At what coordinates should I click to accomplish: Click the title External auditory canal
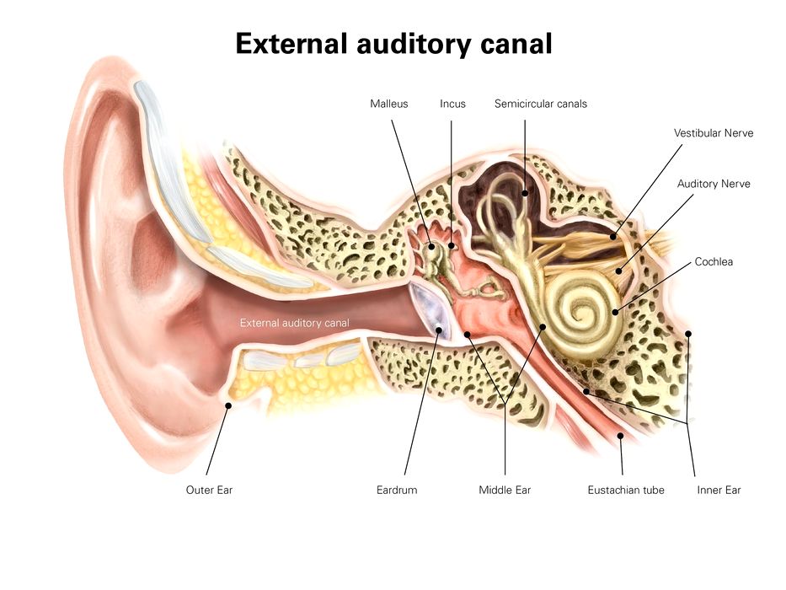pyautogui.click(x=393, y=44)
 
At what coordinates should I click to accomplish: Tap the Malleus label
pyautogui.click(x=389, y=104)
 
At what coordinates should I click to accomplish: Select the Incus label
pyautogui.click(x=452, y=104)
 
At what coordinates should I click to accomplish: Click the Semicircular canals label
pyautogui.click(x=541, y=104)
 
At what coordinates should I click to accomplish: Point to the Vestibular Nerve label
pyautogui.click(x=714, y=133)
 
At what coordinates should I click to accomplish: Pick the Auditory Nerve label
pyautogui.click(x=714, y=184)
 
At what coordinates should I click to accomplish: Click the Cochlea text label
pyautogui.click(x=714, y=262)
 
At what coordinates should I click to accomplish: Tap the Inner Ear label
pyautogui.click(x=719, y=490)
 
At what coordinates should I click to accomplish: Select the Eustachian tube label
pyautogui.click(x=626, y=490)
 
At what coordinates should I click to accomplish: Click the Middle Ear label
pyautogui.click(x=505, y=490)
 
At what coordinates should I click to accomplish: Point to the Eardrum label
pyautogui.click(x=397, y=490)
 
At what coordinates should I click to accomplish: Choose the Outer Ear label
pyautogui.click(x=209, y=490)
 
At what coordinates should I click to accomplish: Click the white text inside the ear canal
pyautogui.click(x=294, y=323)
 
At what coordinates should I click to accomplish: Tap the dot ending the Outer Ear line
pyautogui.click(x=227, y=405)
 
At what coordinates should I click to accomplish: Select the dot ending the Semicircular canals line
pyautogui.click(x=524, y=192)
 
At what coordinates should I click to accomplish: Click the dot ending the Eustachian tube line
pyautogui.click(x=622, y=435)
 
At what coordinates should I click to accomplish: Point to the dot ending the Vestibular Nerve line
pyautogui.click(x=612, y=237)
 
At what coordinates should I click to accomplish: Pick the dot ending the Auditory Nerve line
pyautogui.click(x=619, y=271)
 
